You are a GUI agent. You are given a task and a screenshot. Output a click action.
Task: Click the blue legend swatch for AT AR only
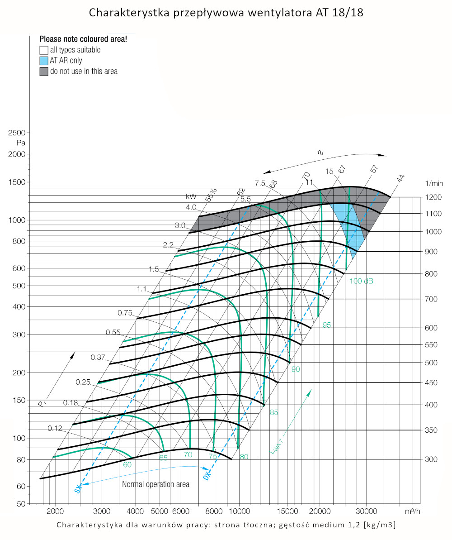click(43, 61)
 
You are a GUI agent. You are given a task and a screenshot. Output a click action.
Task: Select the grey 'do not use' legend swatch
click(43, 72)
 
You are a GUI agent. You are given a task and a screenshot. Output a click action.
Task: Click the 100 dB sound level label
click(361, 281)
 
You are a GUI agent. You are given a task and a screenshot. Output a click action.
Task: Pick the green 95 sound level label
click(327, 325)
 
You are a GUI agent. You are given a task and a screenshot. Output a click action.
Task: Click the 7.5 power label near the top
click(259, 183)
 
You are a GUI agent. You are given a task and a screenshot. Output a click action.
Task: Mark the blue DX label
click(207, 476)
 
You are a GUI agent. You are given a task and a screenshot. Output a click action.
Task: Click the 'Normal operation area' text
click(155, 484)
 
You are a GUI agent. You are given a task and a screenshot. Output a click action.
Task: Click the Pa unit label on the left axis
click(20, 143)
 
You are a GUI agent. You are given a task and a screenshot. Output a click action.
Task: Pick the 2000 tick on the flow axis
click(55, 511)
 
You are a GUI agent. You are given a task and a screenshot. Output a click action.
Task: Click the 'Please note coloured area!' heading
click(83, 39)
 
